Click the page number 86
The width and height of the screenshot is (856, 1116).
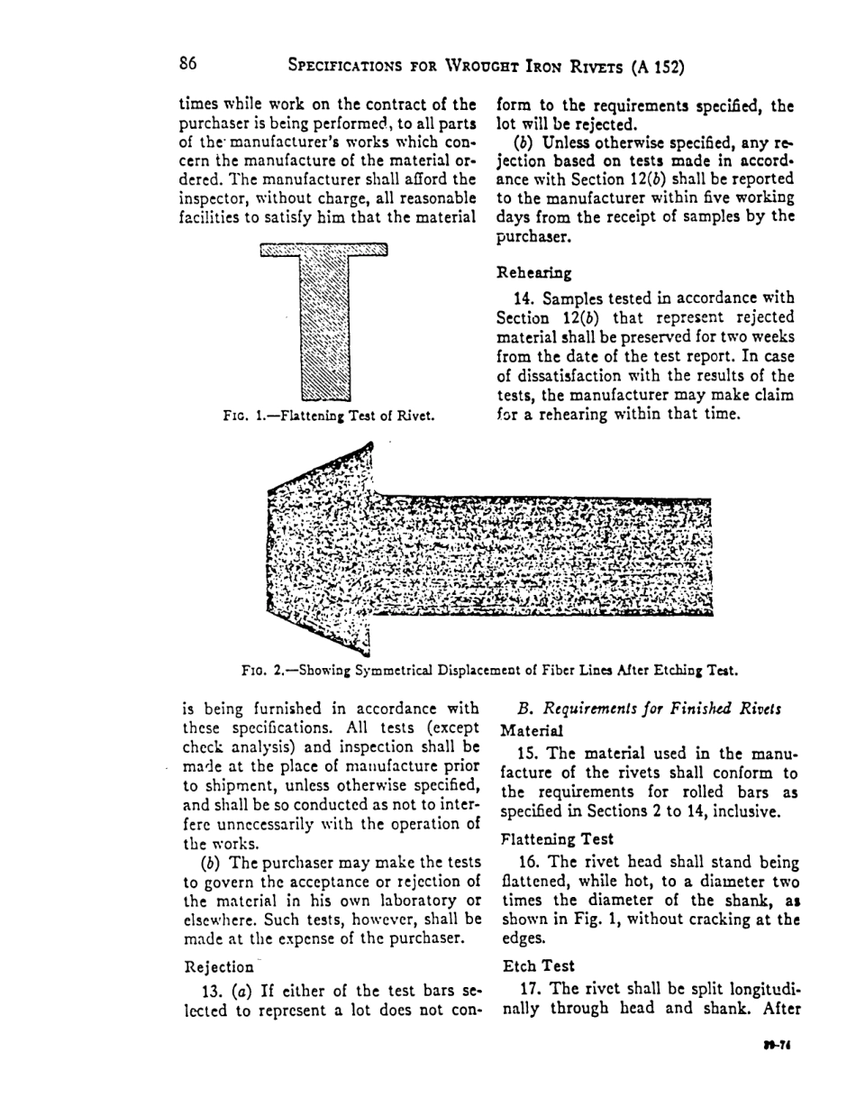pyautogui.click(x=187, y=63)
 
